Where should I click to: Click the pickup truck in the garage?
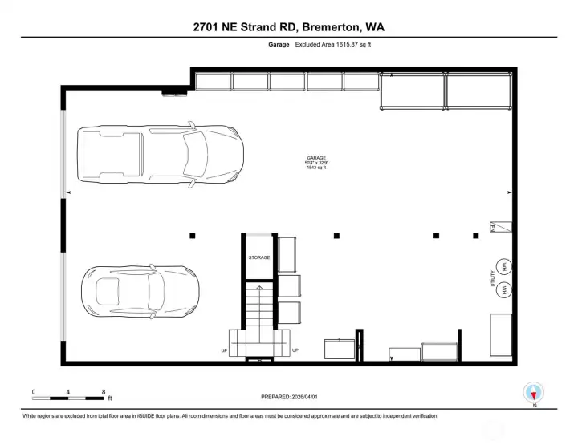[x=161, y=156]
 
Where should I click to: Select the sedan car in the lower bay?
[x=140, y=289]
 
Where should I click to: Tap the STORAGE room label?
[x=258, y=257]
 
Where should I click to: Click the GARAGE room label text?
[x=316, y=158]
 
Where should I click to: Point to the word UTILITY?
[x=492, y=278]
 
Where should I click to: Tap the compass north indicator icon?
[x=533, y=394]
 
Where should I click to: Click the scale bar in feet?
[x=69, y=398]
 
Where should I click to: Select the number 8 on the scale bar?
[x=104, y=391]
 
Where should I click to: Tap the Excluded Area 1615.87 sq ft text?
[x=332, y=45]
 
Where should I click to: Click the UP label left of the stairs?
[x=224, y=350]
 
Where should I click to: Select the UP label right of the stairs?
[x=295, y=350]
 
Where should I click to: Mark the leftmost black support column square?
[x=193, y=235]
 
